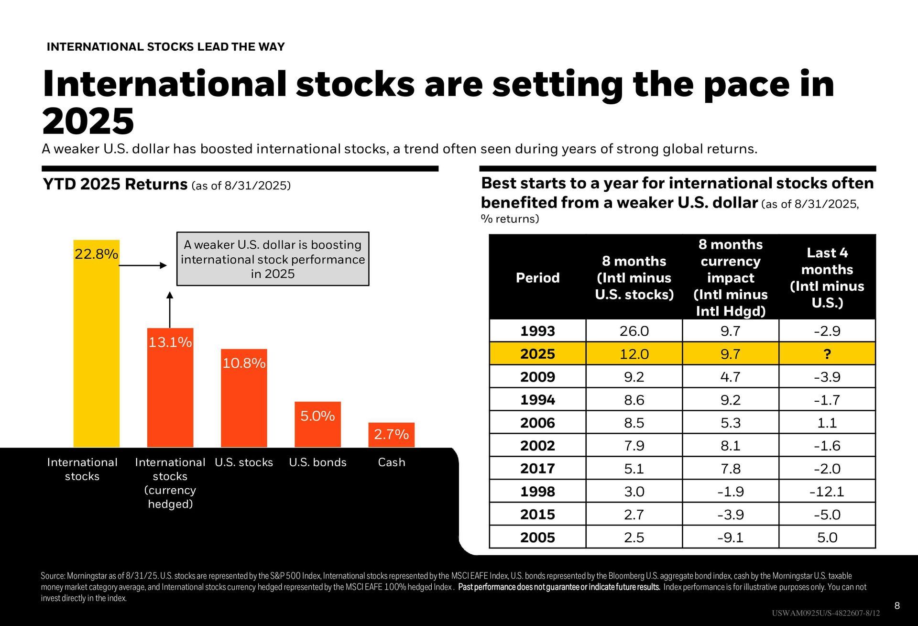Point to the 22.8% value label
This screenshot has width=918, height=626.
click(96, 254)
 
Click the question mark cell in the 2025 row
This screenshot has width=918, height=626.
click(827, 354)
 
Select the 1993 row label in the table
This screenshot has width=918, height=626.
click(537, 331)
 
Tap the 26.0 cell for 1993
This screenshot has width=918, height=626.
click(634, 331)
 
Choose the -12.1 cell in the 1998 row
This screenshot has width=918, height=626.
click(827, 492)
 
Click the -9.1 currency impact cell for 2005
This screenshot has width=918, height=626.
click(730, 538)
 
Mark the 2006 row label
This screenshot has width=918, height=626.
click(537, 423)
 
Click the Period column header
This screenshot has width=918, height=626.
click(537, 278)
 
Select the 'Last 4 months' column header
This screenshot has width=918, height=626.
click(827, 277)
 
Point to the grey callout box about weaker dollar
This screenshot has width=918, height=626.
click(273, 259)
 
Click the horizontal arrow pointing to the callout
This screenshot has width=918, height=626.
click(143, 265)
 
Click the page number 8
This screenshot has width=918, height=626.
click(897, 606)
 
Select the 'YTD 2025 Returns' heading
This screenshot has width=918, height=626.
click(115, 184)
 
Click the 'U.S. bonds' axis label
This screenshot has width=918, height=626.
click(317, 462)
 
